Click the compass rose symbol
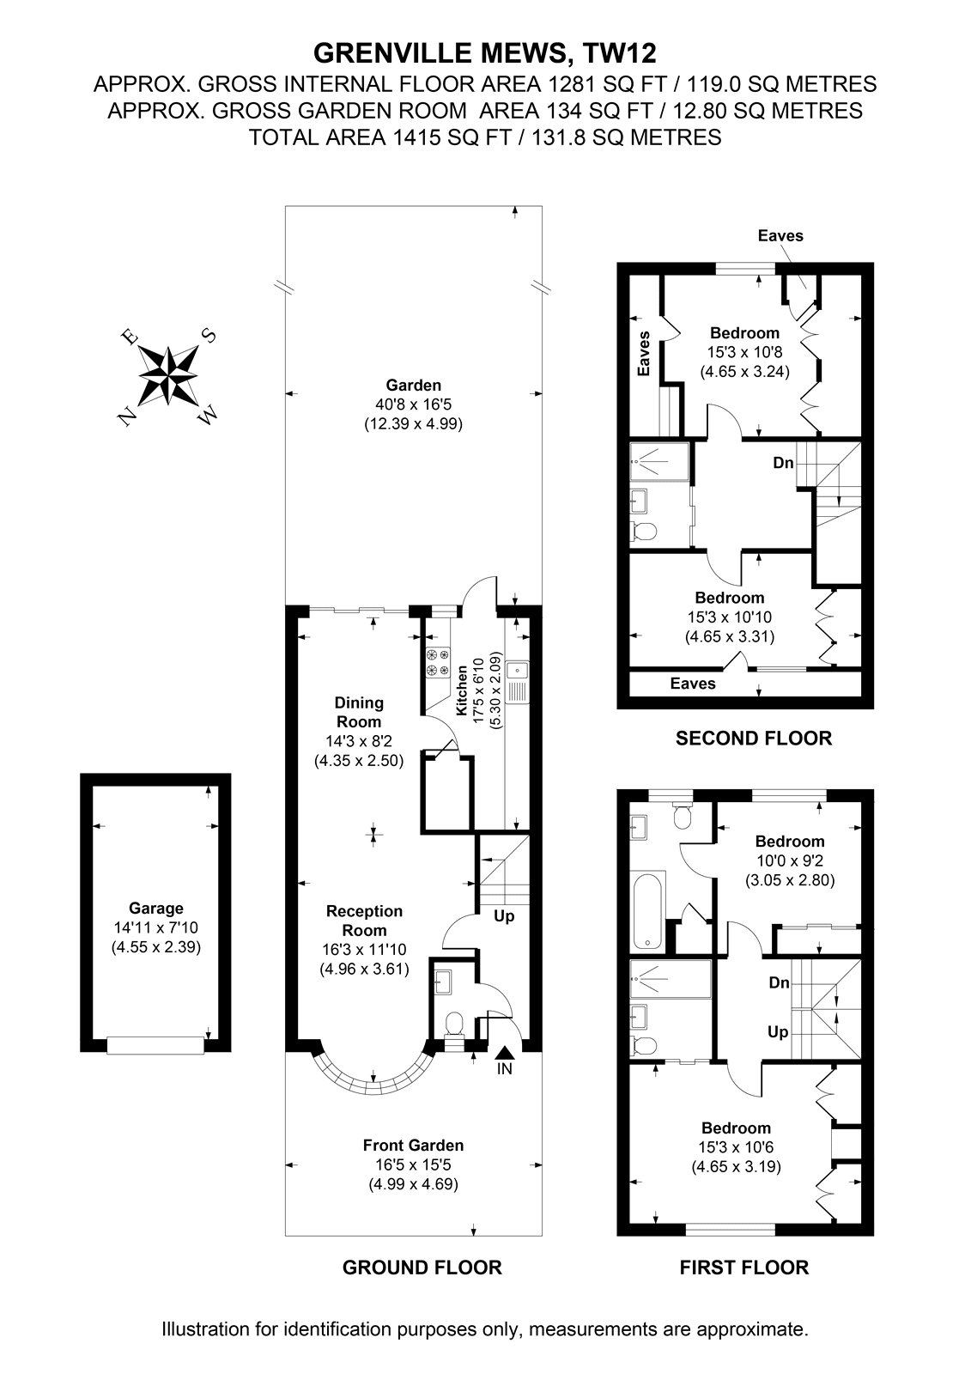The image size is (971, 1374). [x=167, y=374]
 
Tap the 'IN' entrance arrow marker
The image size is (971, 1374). [x=504, y=1053]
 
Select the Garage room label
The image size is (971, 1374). [x=155, y=908]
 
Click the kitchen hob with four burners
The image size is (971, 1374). [x=438, y=662]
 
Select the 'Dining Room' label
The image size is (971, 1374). [x=359, y=712]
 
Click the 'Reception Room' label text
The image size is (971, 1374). [x=364, y=920]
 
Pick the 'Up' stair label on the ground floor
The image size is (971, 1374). [x=504, y=916]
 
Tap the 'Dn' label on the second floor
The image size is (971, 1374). [x=783, y=463]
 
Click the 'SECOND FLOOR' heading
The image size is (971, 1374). [x=754, y=738]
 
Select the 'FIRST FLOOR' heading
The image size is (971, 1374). [x=744, y=1267]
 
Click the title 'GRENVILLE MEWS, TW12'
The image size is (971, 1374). [x=485, y=53]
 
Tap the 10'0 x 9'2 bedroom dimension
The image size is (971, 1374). [x=790, y=860]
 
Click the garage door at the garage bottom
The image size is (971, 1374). [x=155, y=1046]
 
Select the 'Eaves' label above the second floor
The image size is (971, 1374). [x=780, y=235]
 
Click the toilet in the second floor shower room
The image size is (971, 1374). [x=643, y=529]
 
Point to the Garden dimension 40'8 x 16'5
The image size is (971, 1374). [x=414, y=404]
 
